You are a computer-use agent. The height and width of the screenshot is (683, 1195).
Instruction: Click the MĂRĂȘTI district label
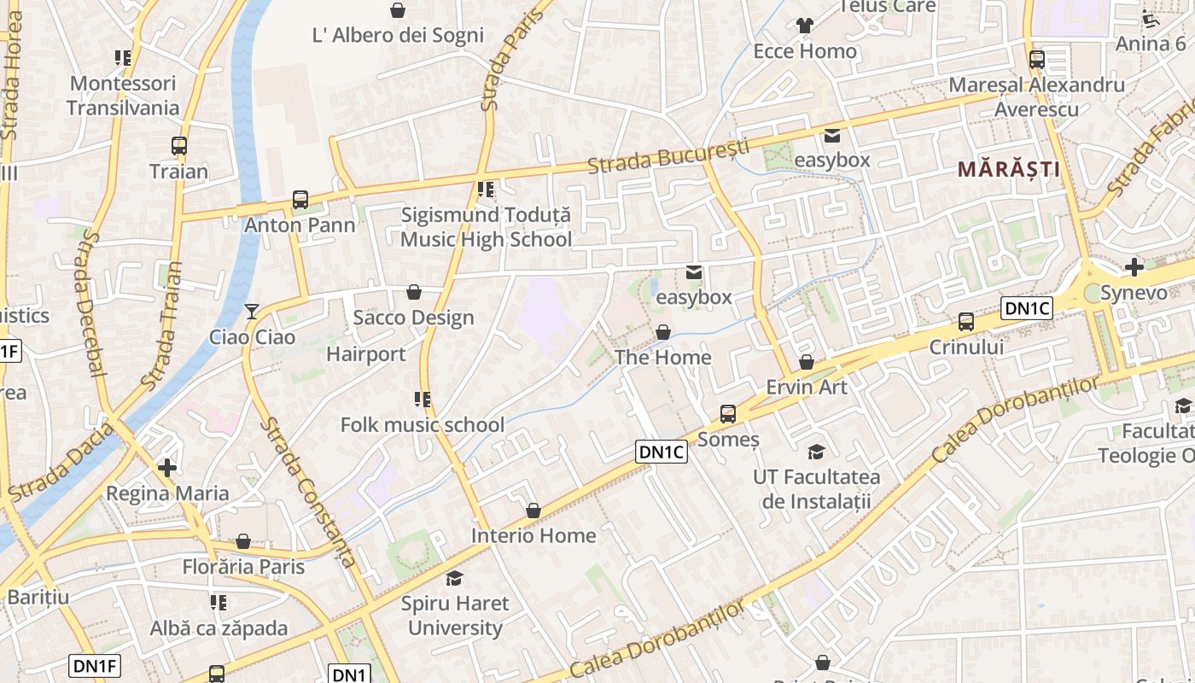[1008, 169]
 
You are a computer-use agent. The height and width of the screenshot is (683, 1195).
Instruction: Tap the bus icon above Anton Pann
[300, 200]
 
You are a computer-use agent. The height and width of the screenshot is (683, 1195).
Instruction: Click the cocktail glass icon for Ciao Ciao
[251, 312]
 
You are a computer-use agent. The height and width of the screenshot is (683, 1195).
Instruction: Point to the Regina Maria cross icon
[167, 468]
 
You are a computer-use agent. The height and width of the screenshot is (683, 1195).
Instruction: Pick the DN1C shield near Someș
[661, 452]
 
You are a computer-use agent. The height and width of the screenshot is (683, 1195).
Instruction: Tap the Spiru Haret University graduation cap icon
[454, 578]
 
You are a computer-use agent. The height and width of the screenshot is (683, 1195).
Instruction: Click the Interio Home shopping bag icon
[533, 511]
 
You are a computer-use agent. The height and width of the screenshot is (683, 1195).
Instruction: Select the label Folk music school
[423, 424]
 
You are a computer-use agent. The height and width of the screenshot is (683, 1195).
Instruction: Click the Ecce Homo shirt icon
[804, 26]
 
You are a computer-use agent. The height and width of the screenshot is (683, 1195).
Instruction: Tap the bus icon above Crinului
[965, 322]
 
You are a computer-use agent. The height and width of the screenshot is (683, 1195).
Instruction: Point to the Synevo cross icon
[1134, 268]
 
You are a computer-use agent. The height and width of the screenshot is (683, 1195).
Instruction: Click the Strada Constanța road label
[309, 493]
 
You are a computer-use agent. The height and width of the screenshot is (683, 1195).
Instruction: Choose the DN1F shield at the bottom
[95, 666]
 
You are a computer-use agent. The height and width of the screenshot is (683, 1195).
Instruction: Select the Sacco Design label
[413, 318]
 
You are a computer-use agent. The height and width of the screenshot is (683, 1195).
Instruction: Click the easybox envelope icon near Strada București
[831, 135]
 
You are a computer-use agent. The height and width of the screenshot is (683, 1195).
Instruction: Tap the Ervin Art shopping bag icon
[806, 362]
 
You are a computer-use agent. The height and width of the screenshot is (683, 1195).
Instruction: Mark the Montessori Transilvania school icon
[123, 58]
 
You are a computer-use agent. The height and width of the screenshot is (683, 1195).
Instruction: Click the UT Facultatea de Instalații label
[816, 488]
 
